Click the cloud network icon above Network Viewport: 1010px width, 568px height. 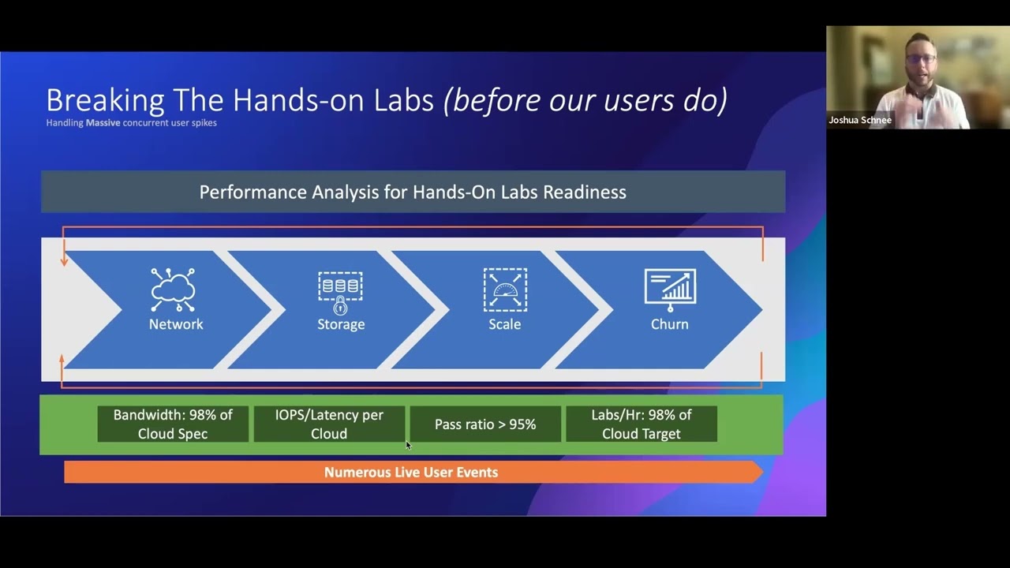point(173,290)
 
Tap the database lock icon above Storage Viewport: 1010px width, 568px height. point(340,293)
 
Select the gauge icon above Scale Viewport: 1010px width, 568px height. point(505,290)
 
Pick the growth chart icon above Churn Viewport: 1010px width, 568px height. point(670,290)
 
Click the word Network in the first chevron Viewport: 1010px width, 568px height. point(176,324)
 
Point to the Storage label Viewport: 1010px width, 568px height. point(341,324)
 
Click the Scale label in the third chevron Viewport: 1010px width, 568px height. point(504,324)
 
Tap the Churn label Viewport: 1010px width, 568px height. point(670,324)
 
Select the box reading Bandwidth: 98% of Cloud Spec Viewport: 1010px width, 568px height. point(173,424)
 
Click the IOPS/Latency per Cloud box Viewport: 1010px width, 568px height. point(329,424)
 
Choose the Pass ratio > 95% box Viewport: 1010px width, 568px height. point(485,424)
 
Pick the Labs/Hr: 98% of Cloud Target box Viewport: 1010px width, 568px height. point(642,424)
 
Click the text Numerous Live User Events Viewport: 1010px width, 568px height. point(411,473)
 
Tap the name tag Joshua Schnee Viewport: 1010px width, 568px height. point(860,121)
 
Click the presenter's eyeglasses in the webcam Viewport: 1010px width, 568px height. point(921,59)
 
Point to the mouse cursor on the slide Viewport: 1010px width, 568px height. point(409,446)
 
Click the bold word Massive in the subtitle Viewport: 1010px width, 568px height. point(103,122)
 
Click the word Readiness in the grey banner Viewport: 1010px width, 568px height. point(585,192)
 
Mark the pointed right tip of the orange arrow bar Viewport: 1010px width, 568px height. point(763,473)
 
